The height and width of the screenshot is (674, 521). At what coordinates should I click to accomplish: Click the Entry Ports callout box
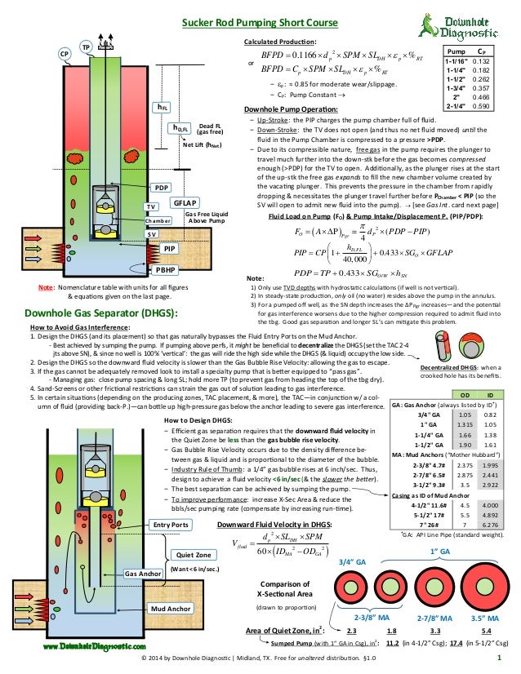tap(170, 524)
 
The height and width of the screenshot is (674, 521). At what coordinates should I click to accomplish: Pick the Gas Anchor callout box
tap(143, 574)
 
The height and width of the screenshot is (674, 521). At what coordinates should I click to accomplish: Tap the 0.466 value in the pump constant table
tap(481, 96)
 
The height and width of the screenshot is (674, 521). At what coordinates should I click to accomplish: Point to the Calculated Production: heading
tap(280, 40)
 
